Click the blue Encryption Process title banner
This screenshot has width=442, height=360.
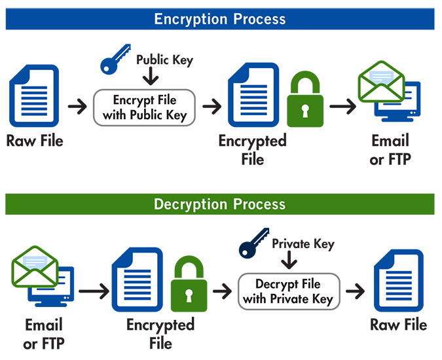(x=220, y=19)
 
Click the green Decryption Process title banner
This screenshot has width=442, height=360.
(x=220, y=204)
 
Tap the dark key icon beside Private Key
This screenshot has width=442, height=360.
(x=253, y=243)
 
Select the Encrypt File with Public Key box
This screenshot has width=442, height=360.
(x=145, y=108)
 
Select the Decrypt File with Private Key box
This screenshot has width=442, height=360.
(x=288, y=292)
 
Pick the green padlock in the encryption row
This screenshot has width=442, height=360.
(x=304, y=101)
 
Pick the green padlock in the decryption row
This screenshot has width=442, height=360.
(x=189, y=286)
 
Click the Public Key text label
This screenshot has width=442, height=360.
(x=165, y=60)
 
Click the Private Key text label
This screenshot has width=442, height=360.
(x=303, y=244)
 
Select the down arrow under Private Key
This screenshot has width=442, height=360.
(x=289, y=262)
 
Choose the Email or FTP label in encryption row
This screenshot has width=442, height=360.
(x=390, y=150)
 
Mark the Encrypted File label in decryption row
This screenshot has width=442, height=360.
(x=160, y=334)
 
